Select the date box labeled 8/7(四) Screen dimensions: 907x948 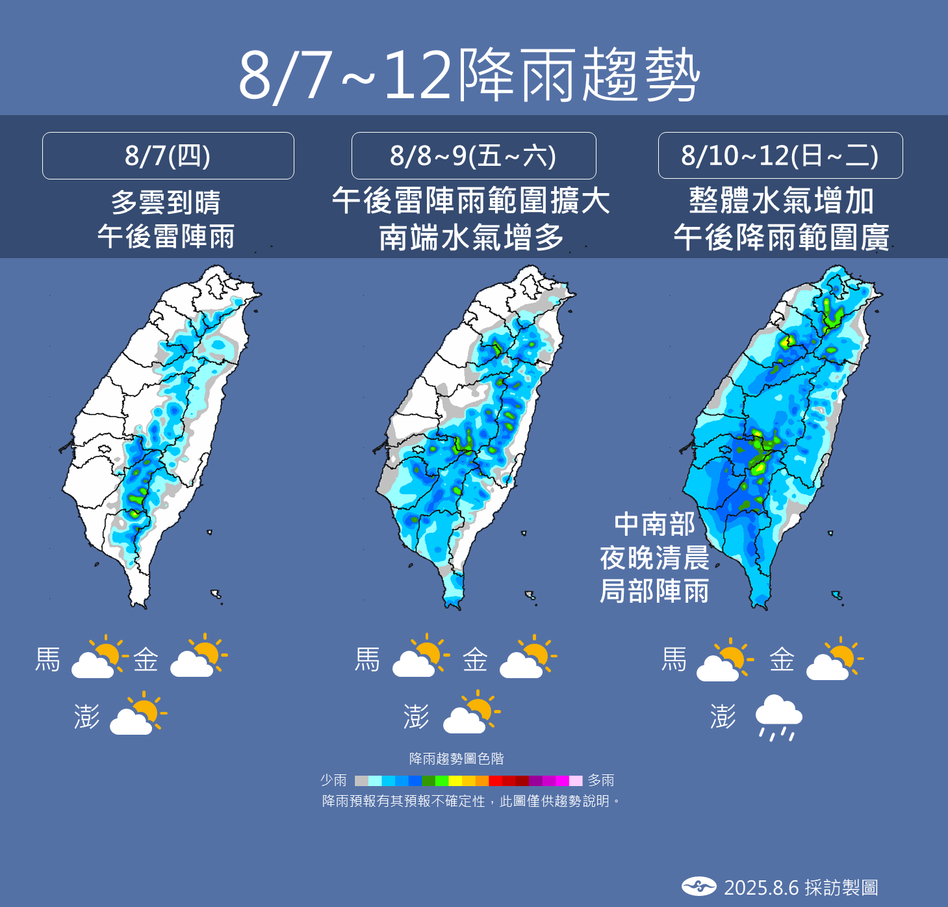[168, 155]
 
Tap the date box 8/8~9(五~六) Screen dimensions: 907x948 [473, 155]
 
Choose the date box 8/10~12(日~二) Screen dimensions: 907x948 [780, 155]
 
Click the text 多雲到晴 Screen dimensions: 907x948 [166, 202]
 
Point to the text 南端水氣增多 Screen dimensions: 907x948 [472, 237]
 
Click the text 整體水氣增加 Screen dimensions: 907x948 [781, 201]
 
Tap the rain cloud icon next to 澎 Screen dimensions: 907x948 [778, 717]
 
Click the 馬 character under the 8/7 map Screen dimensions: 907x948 [48, 659]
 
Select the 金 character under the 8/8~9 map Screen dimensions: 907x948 [475, 659]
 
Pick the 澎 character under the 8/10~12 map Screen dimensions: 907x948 [723, 716]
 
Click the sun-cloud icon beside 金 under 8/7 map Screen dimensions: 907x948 [199, 657]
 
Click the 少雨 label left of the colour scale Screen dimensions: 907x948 [333, 780]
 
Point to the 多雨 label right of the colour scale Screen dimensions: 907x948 [601, 780]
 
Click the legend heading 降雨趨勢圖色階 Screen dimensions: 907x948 [457, 759]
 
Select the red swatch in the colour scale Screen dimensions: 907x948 [495, 781]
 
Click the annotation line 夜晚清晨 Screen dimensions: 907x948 [654, 558]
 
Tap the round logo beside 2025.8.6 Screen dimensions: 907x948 [698, 886]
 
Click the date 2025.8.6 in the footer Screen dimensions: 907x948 [761, 887]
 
